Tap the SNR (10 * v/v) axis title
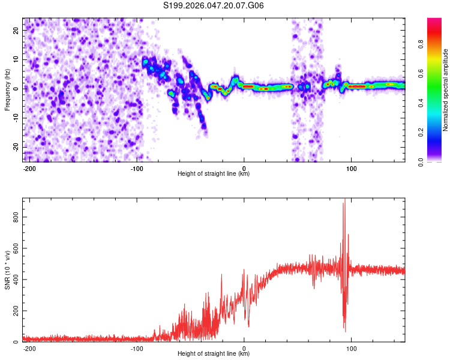pos(7,270)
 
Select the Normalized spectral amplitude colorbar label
pos(445,90)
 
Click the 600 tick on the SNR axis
pos(17,248)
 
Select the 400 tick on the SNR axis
pos(17,280)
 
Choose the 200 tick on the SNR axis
pos(17,311)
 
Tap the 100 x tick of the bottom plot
pos(352,348)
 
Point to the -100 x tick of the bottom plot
pos(136,348)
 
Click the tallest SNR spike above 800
pos(344,201)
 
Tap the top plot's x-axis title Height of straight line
pos(214,174)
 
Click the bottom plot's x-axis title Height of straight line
pos(214,354)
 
